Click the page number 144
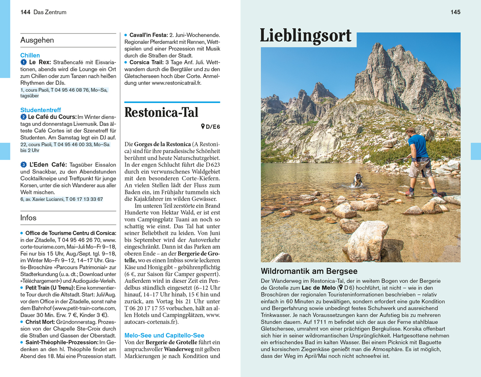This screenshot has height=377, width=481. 25,12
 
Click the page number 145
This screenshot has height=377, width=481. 455,12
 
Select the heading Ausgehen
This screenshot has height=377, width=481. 37,40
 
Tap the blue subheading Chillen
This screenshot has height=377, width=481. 30,55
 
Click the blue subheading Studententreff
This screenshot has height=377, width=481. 41,110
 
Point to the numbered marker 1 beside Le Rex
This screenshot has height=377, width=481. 24,62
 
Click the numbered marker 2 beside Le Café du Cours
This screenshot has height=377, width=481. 24,117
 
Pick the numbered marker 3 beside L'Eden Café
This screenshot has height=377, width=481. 24,164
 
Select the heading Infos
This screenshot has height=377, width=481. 28,218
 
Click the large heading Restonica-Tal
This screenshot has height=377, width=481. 161,113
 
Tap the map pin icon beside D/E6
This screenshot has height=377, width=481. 203,127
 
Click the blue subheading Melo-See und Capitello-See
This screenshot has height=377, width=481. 164,335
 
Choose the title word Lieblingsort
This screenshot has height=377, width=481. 306,36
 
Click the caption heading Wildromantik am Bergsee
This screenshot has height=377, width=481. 309,271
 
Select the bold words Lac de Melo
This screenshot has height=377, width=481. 318,288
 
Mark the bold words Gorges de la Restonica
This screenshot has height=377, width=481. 162,144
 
